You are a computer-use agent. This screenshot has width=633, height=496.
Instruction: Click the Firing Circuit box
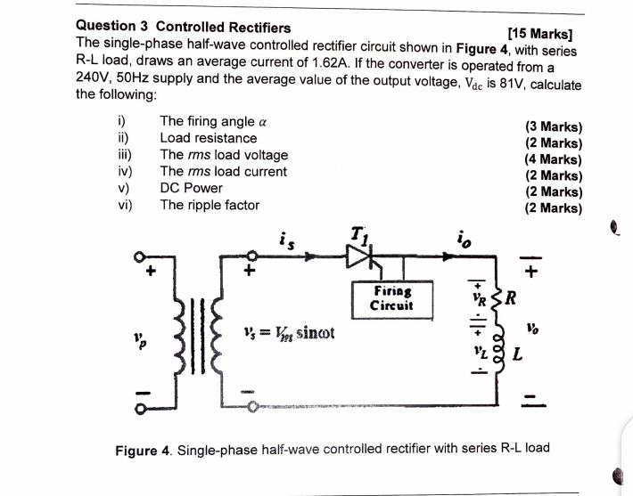[x=393, y=299]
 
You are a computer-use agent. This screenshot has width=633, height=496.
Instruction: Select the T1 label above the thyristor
[x=359, y=235]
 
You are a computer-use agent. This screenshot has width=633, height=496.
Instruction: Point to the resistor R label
[x=513, y=296]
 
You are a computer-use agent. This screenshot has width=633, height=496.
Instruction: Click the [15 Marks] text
[x=538, y=33]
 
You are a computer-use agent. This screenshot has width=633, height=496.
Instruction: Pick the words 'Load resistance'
[x=208, y=138]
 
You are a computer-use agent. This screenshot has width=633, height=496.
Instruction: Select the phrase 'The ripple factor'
[x=210, y=205]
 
